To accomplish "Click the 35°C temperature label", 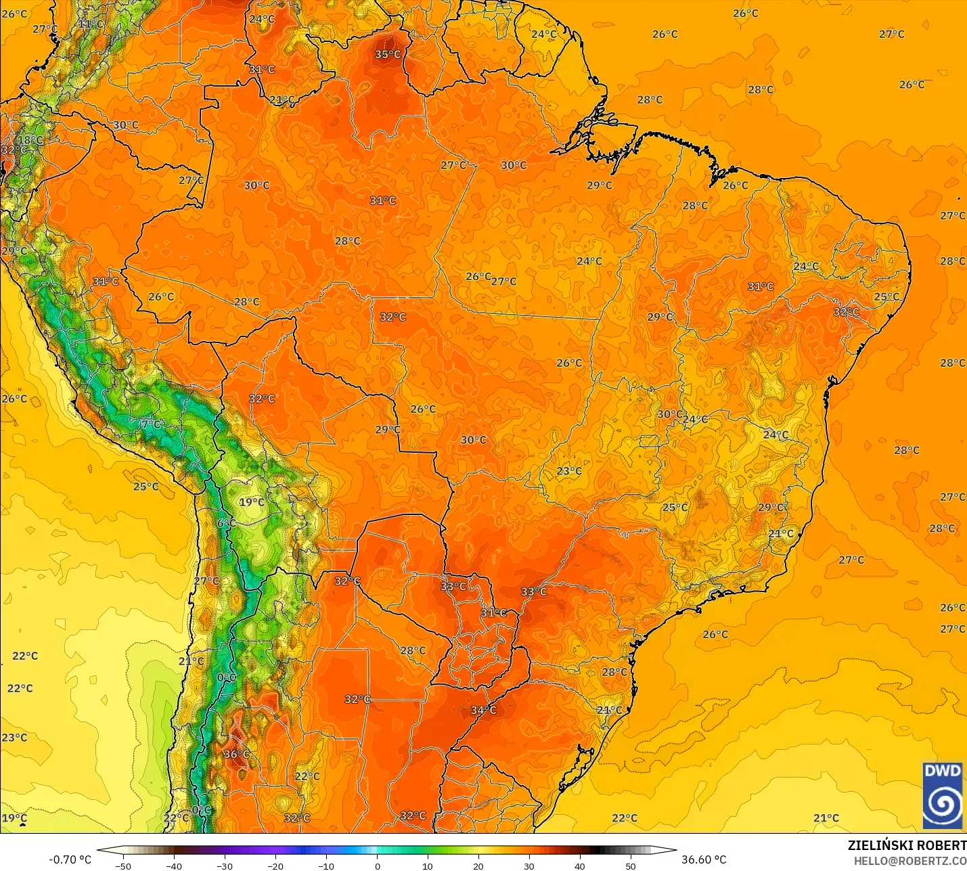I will [388, 55].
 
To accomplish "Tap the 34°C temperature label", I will [483, 710].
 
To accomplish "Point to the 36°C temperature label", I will [236, 754].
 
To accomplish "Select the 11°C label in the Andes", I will [91, 24].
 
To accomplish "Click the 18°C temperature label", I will [30, 140].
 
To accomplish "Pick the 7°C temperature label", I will [152, 424].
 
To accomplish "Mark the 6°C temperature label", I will [226, 523].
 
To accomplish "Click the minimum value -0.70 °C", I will [70, 859].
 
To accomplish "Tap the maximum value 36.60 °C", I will [704, 859].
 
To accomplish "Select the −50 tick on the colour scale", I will [122, 866].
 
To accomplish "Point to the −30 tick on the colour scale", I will [224, 866].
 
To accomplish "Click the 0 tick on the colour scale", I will [377, 866].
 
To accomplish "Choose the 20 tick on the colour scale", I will [478, 866].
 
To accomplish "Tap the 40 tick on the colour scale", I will [580, 866].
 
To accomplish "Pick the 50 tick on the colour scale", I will [631, 866].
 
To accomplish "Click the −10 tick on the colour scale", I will [325, 866].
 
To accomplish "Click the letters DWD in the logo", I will [943, 771].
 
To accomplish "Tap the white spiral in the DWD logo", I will [943, 804].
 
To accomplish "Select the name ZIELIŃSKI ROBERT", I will [907, 845].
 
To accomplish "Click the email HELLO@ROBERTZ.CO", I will [909, 861].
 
